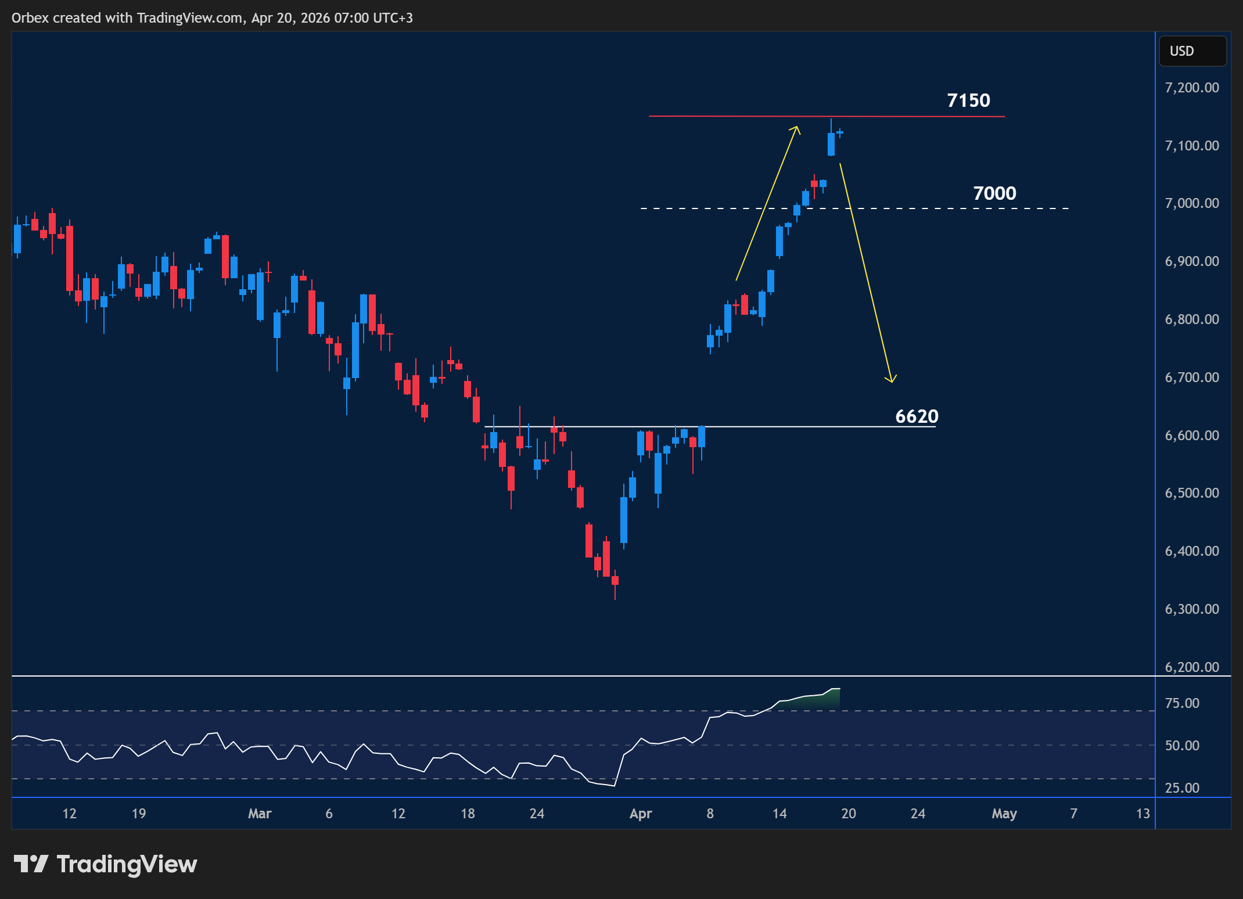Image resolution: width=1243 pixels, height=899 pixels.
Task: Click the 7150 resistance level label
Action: click(968, 100)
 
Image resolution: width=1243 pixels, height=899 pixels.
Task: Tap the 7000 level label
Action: click(994, 193)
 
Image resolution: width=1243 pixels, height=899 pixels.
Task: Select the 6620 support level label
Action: click(917, 416)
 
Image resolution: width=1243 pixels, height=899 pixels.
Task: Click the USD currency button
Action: click(1192, 51)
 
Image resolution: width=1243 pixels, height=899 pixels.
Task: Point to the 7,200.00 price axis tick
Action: click(1192, 88)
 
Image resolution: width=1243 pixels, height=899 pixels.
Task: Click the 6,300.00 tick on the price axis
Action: click(1192, 609)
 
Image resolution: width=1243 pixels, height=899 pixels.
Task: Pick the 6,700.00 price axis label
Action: click(1192, 377)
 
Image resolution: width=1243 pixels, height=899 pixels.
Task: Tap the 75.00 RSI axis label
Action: click(1182, 703)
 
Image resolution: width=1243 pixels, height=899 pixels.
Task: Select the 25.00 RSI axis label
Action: click(1182, 788)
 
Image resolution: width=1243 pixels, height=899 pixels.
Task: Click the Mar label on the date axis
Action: click(260, 814)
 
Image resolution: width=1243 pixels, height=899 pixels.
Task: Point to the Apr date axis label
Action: click(641, 814)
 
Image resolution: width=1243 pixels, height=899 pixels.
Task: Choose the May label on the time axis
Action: click(1004, 814)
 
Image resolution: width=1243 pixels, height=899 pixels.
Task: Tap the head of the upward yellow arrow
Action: click(797, 127)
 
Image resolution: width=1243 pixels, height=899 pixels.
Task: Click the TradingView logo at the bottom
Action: click(105, 864)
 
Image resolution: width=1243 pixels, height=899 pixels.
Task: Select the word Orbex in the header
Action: click(30, 18)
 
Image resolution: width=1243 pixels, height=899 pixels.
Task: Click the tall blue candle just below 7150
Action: click(831, 144)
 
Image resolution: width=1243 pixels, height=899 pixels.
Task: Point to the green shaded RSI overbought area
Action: click(813, 701)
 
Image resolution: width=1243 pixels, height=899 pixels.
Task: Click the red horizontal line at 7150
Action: click(726, 116)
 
